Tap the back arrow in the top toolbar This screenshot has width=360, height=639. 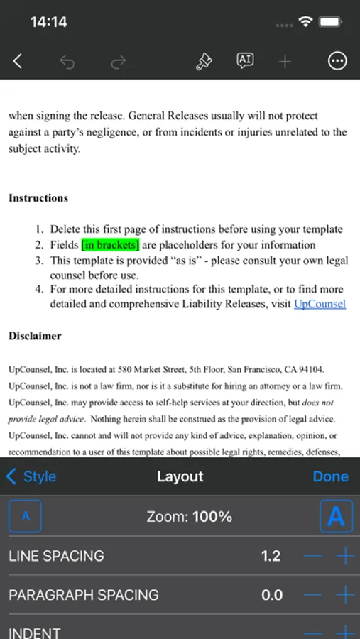(18, 62)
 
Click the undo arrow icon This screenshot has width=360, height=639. (67, 62)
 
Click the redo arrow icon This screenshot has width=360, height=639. (118, 62)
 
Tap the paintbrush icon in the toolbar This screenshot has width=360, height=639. (204, 62)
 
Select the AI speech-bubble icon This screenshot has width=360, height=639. (245, 61)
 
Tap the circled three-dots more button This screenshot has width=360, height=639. (337, 62)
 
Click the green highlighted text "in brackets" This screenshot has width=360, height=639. (110, 245)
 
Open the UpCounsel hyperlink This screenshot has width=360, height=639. (320, 304)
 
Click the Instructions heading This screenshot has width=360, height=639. (38, 198)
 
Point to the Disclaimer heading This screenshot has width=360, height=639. (35, 336)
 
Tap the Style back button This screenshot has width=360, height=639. (31, 476)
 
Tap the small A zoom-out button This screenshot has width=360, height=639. (26, 516)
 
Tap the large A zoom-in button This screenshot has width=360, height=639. (336, 516)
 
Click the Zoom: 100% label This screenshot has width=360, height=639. (190, 517)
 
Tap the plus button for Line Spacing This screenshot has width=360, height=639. (345, 556)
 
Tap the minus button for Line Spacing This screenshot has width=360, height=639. (312, 556)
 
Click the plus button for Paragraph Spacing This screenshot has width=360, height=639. (345, 595)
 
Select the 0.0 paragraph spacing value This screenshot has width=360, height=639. (272, 595)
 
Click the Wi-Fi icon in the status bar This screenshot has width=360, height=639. (306, 21)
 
